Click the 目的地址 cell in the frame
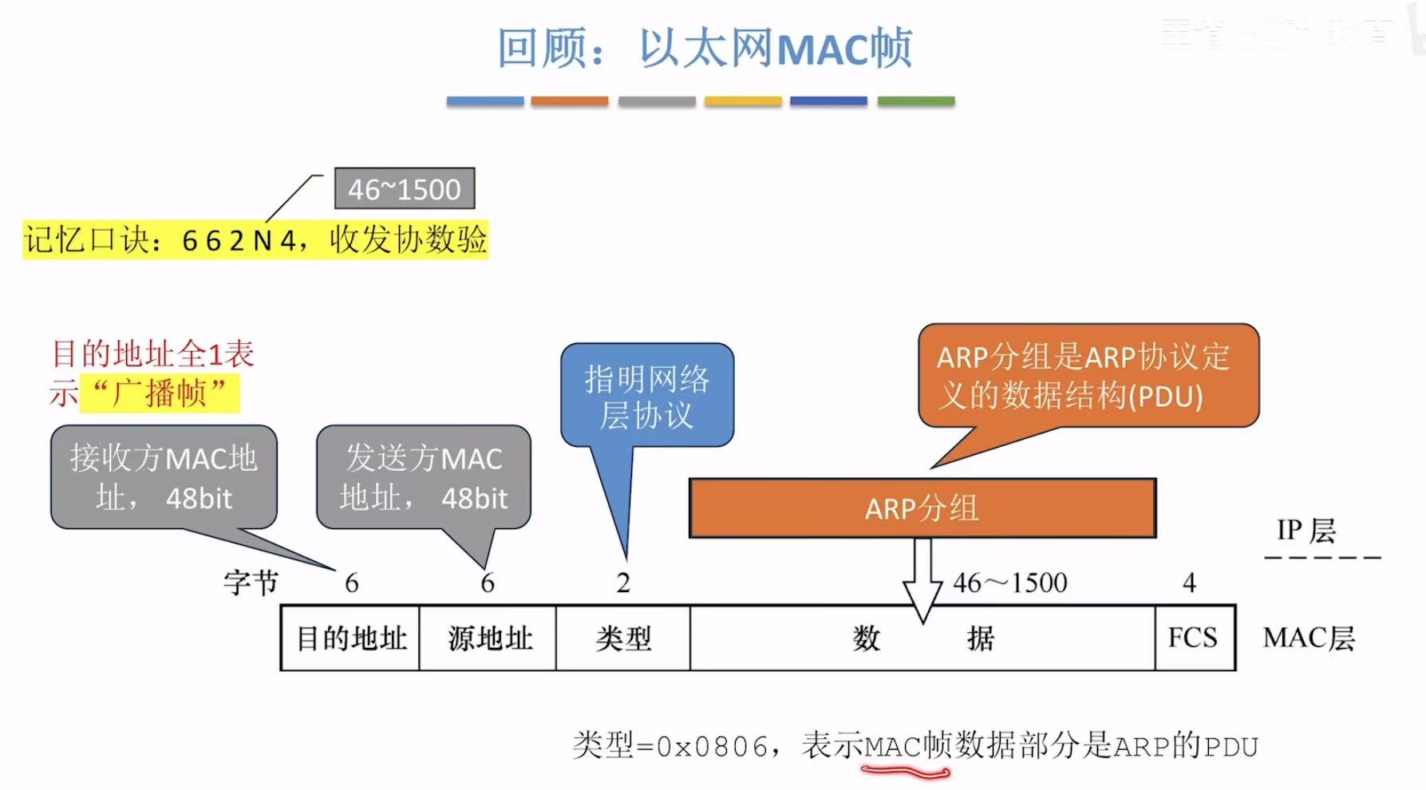pyautogui.click(x=350, y=638)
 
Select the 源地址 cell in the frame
pyautogui.click(x=488, y=638)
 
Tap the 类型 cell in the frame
pyautogui.click(x=623, y=638)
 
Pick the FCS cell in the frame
pyautogui.click(x=1193, y=638)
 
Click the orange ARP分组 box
pyautogui.click(x=922, y=508)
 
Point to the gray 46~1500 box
pyautogui.click(x=405, y=189)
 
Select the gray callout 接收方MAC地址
pyautogui.click(x=164, y=477)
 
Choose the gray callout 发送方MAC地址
pyautogui.click(x=423, y=477)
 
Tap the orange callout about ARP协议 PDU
pyautogui.click(x=1088, y=376)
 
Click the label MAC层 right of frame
pyautogui.click(x=1309, y=638)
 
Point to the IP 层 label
pyautogui.click(x=1306, y=530)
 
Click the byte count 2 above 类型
pyautogui.click(x=623, y=583)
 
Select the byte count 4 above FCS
pyautogui.click(x=1189, y=583)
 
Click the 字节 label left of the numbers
pyautogui.click(x=251, y=583)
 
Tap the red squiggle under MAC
pyautogui.click(x=905, y=772)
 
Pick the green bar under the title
pyautogui.click(x=915, y=101)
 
